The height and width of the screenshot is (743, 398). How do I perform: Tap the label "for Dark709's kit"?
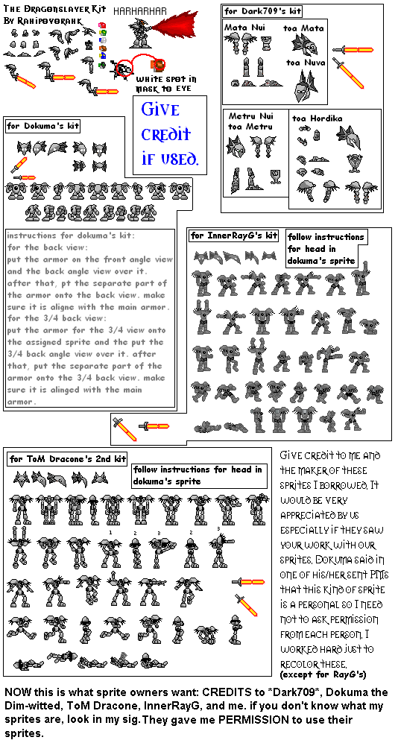tap(263, 11)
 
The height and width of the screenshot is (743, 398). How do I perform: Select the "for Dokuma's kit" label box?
tap(42, 126)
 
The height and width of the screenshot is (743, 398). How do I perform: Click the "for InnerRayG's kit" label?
tap(233, 236)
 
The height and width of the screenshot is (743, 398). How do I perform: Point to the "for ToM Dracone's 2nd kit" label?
tap(67, 458)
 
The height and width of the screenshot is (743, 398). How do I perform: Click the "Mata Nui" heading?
tap(243, 28)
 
